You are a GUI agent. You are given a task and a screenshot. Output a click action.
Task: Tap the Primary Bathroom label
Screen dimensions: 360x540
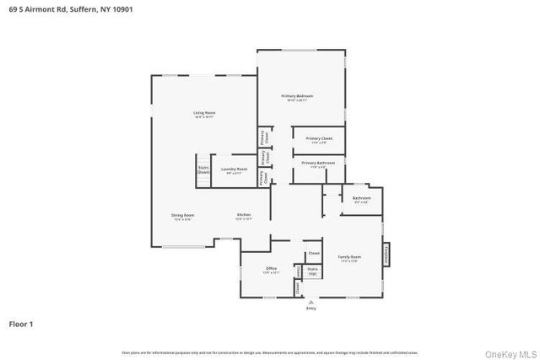point(318,164)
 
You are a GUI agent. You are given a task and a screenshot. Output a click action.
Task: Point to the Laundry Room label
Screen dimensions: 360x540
point(234,170)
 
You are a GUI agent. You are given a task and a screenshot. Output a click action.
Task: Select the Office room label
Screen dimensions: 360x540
point(271,270)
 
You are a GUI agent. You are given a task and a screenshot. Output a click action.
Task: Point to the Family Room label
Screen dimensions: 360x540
point(350,258)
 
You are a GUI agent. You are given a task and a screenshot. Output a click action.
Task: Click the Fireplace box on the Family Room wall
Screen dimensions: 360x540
point(387,255)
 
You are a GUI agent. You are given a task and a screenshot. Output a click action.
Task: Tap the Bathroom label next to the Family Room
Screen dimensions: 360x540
point(361,200)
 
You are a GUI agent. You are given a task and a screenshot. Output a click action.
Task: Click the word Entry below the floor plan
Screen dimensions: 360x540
point(310,308)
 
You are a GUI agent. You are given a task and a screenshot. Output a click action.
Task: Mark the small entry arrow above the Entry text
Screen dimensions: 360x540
point(310,301)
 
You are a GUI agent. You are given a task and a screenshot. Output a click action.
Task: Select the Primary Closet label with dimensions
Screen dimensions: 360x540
point(318,139)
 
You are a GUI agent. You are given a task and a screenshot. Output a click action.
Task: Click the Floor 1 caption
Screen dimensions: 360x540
point(22,323)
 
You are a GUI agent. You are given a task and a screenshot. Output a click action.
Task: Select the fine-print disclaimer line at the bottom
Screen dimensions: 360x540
point(270,352)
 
